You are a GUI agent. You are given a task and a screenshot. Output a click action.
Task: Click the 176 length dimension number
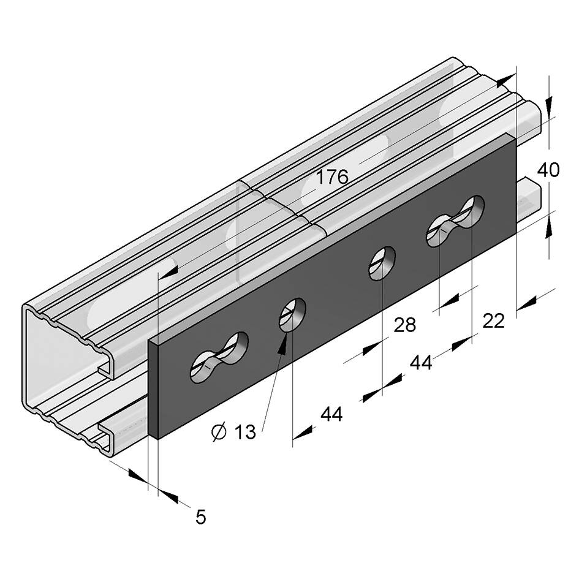[333, 177]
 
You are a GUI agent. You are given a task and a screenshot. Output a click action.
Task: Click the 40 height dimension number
[548, 170]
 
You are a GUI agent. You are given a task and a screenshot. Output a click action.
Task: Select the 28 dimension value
[405, 325]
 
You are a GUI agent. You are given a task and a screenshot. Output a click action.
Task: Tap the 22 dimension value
[493, 321]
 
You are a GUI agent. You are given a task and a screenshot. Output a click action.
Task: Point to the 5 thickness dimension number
[200, 517]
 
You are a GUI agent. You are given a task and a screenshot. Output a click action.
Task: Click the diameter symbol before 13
[219, 432]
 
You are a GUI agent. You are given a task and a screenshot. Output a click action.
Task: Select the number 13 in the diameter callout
[244, 432]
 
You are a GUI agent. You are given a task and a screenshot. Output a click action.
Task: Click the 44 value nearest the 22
[421, 363]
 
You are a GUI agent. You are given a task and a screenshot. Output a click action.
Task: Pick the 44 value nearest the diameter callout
[331, 414]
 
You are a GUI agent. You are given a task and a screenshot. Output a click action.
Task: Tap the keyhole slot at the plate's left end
[219, 357]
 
